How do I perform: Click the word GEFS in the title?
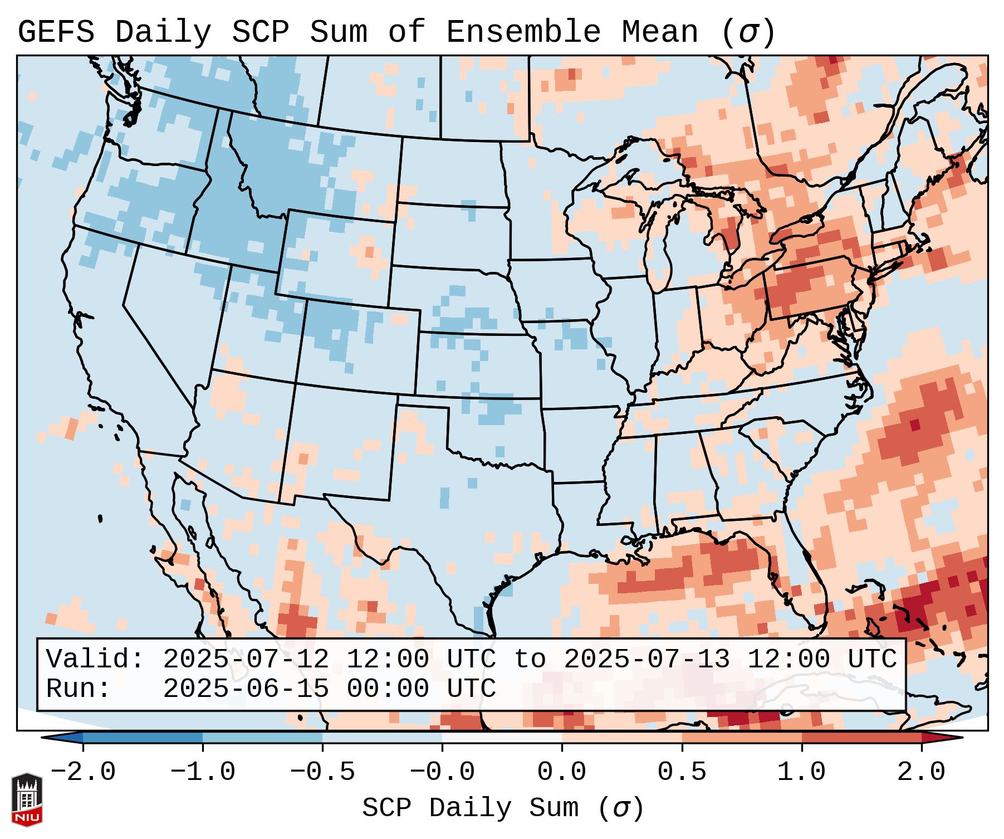[56, 32]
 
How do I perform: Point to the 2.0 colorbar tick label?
[922, 772]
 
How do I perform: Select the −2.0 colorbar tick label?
[83, 772]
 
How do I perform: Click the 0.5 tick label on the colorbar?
[682, 772]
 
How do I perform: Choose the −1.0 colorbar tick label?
[202, 772]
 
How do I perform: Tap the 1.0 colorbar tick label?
[802, 772]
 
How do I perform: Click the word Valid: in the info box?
[95, 659]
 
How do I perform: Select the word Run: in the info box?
[78, 689]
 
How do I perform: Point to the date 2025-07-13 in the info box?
[647, 659]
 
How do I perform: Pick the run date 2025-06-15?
[246, 689]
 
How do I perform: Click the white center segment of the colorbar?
[502, 738]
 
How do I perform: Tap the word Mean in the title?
[660, 32]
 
